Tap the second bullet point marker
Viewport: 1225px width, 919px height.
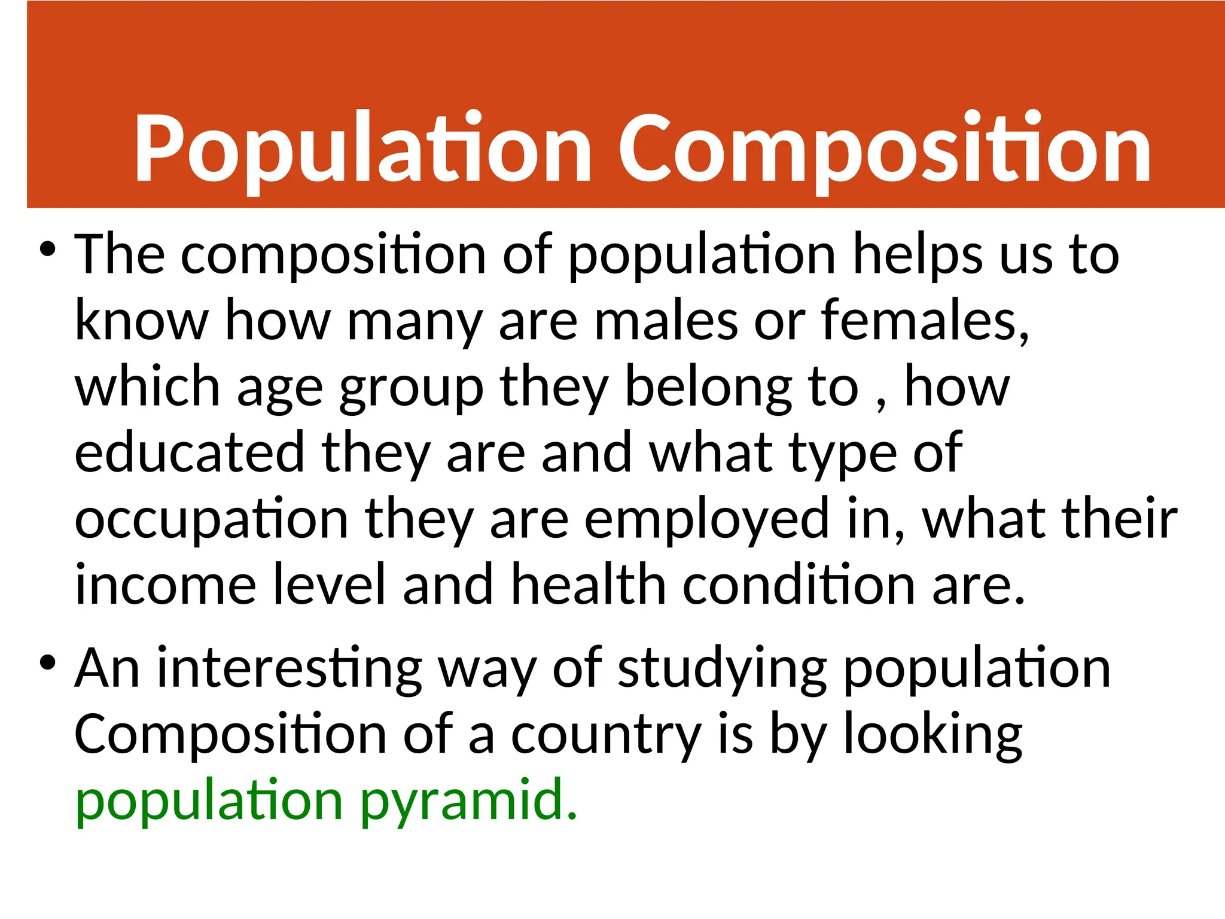click(x=47, y=662)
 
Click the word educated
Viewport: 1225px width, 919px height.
click(x=190, y=452)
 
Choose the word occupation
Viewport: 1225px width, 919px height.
click(x=211, y=519)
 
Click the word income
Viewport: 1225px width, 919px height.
click(x=166, y=585)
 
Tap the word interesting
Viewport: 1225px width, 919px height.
click(x=290, y=669)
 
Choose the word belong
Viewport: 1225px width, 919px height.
click(x=708, y=388)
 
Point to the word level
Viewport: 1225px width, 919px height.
click(x=330, y=585)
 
